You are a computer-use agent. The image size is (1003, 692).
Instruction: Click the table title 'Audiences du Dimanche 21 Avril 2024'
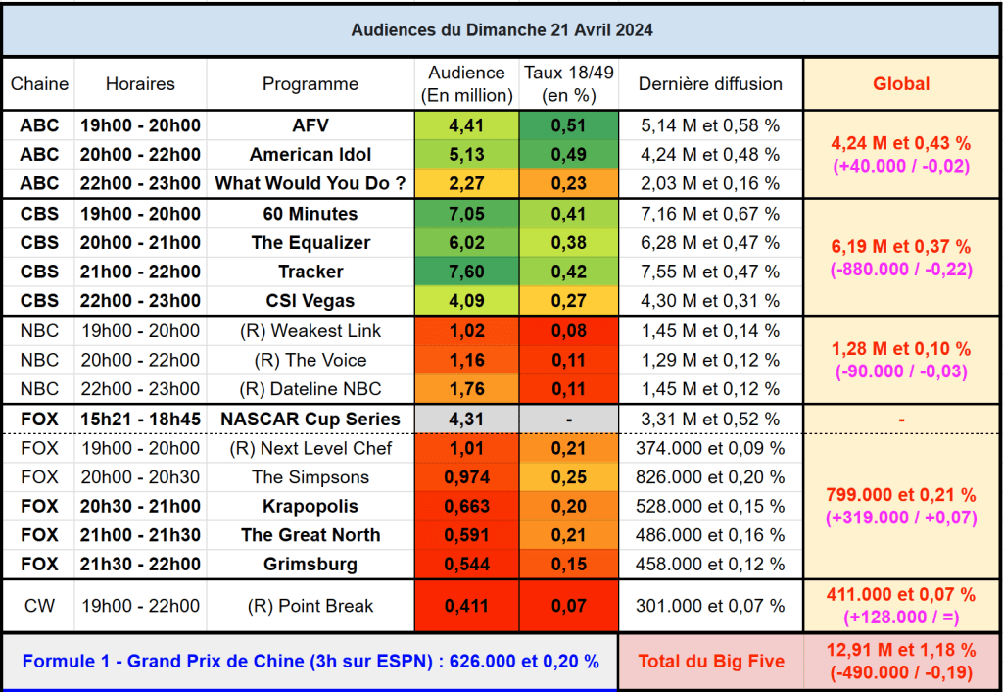click(x=501, y=30)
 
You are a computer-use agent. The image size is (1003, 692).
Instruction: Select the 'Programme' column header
click(x=310, y=84)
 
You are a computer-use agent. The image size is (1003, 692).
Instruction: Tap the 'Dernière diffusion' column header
click(x=710, y=84)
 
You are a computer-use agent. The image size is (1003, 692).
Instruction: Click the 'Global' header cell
click(x=901, y=84)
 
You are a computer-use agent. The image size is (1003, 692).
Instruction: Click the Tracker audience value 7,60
click(x=466, y=272)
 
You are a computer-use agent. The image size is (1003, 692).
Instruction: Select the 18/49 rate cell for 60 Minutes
click(x=569, y=214)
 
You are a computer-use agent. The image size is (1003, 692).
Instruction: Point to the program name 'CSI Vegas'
click(x=310, y=301)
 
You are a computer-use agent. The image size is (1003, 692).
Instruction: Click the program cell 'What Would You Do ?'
click(x=310, y=183)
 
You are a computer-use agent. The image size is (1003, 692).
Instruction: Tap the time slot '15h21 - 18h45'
click(x=140, y=419)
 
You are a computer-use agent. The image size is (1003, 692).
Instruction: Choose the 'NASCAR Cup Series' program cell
click(x=310, y=419)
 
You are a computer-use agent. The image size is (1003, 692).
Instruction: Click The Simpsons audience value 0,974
click(x=466, y=477)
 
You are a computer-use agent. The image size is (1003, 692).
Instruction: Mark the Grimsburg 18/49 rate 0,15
click(x=569, y=565)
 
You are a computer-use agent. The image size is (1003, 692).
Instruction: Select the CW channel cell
click(x=39, y=606)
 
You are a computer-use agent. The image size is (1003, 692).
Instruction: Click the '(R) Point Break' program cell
click(x=310, y=606)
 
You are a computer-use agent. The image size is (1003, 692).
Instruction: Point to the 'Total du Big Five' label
click(x=710, y=662)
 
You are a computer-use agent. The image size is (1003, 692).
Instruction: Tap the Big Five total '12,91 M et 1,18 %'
click(x=901, y=650)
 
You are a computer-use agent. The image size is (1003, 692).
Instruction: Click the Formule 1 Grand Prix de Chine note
click(x=310, y=662)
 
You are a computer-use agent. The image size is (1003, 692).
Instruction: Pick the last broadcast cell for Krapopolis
click(x=710, y=507)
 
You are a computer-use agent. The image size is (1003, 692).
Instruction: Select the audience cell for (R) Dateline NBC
click(x=466, y=389)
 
